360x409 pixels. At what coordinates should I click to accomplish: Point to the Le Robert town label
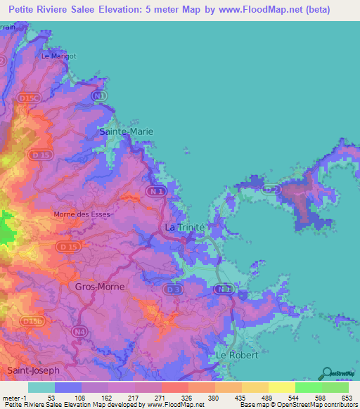point(232,356)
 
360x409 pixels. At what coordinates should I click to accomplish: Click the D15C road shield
point(30,99)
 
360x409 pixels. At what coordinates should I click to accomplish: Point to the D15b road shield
point(32,320)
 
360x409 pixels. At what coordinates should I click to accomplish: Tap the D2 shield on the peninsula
point(271,188)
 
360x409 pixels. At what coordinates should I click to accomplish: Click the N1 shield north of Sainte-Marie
point(101,94)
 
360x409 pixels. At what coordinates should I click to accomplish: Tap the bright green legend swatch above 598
point(308,387)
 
